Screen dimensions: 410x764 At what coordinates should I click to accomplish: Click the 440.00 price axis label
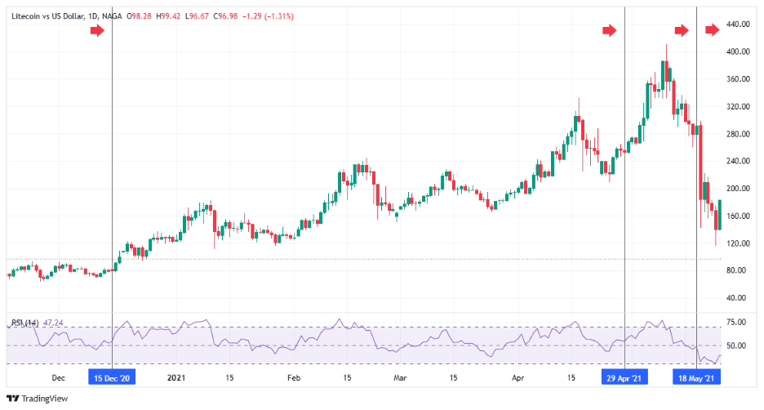(x=738, y=25)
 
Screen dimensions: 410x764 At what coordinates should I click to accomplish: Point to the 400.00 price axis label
(x=738, y=51)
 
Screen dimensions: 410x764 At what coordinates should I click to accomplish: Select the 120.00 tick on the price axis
(x=738, y=243)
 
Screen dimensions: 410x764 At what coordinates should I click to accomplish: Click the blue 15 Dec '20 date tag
(x=112, y=378)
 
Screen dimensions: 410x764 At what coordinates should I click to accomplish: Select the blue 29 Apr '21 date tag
(x=624, y=378)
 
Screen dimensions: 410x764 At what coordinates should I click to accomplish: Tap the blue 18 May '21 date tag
(x=696, y=378)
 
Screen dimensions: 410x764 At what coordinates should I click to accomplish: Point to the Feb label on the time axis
(x=295, y=378)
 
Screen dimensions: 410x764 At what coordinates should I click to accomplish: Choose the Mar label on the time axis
(x=400, y=378)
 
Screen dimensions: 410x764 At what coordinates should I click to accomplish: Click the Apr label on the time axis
(x=517, y=378)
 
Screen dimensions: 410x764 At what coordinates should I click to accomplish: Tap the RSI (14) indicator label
(x=24, y=323)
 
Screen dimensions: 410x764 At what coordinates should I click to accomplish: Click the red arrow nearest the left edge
(x=97, y=30)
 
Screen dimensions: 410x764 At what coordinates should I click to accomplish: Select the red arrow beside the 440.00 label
(x=713, y=30)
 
